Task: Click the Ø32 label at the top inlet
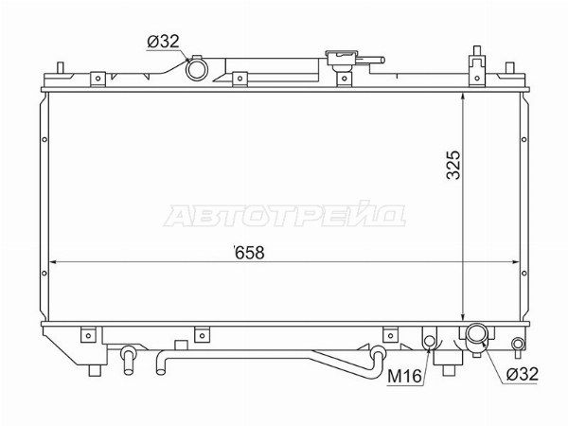pos(164,42)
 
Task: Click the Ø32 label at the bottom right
pos(523,374)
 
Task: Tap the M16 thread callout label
pos(404,377)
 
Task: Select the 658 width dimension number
pos(249,253)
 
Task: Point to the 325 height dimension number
pos(453,165)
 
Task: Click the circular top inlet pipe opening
pos(197,69)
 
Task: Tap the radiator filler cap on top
pos(342,58)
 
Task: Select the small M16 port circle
pos(429,341)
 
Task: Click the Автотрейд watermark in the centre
pos(285,215)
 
